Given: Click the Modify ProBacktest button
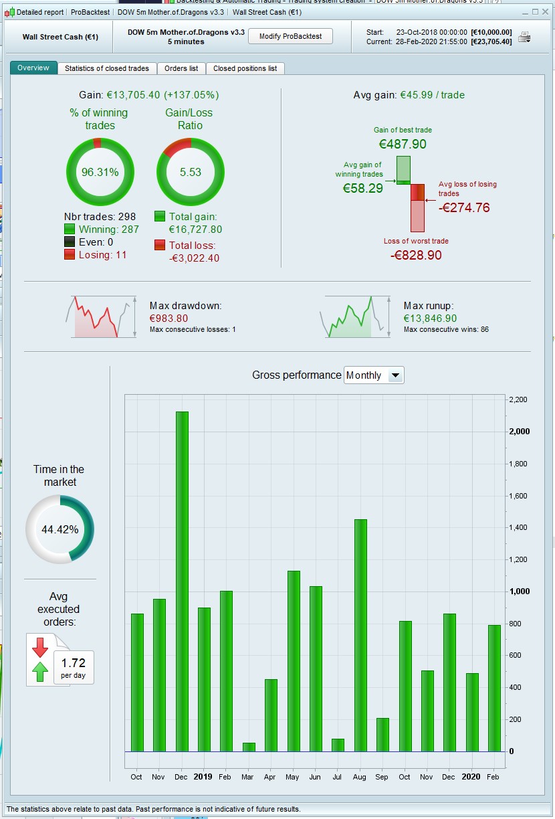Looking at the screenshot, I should pos(290,36).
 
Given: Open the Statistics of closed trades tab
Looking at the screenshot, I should pos(107,68).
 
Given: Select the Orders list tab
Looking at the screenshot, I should pos(181,68).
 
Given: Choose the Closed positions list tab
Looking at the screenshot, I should pos(245,68).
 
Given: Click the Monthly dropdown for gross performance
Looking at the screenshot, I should pos(374,375).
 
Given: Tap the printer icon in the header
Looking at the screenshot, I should pos(524,37).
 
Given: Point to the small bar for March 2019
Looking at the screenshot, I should pos(249,747).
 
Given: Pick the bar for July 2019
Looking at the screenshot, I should pos(338,745).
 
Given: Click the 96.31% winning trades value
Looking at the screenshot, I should pos(100,172).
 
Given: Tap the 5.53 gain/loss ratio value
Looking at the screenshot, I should pos(191,172).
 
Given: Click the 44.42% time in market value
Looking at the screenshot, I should pos(60,529).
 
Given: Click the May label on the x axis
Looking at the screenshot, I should pos(292,777).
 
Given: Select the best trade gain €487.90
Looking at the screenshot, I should pos(403,144).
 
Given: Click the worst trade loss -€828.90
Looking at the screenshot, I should pos(416,255).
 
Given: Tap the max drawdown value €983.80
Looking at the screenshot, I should pos(169,318).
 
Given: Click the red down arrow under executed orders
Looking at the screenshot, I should pos(40,647).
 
